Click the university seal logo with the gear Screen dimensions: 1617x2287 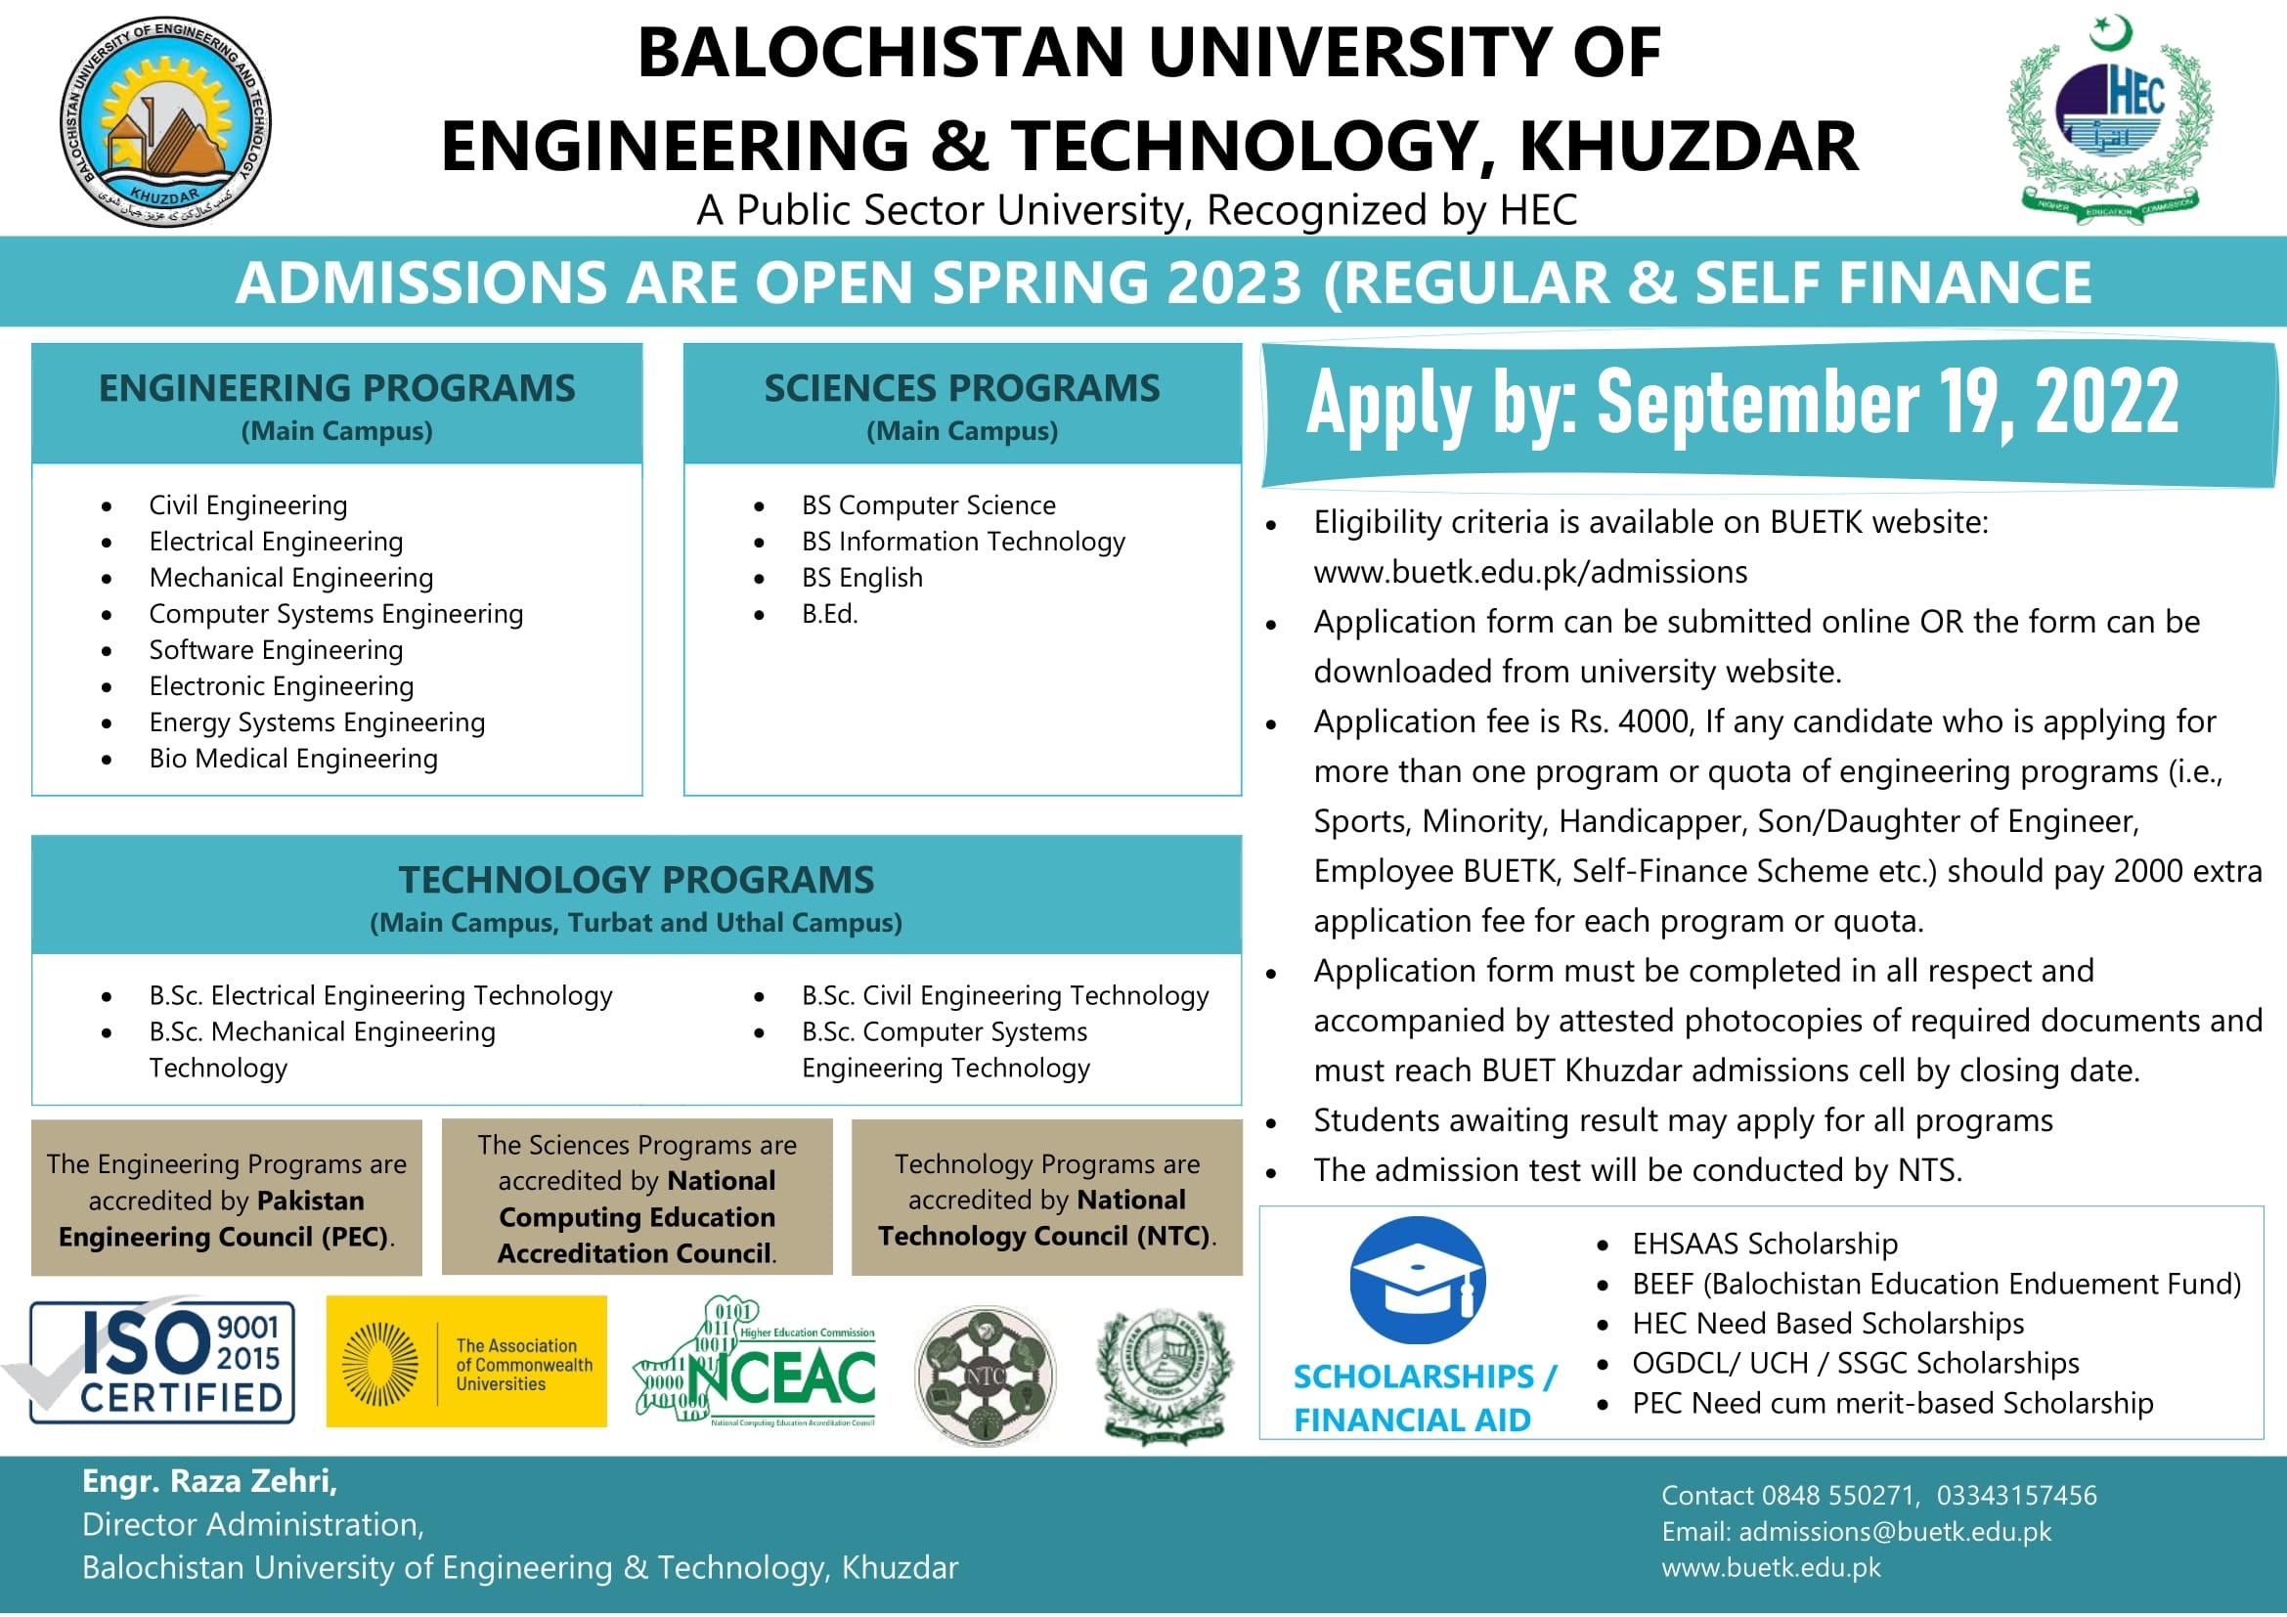(165, 121)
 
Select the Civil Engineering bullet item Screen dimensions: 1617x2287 (248, 505)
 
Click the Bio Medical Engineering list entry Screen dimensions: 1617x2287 (293, 759)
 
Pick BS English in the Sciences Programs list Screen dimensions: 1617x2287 (861, 579)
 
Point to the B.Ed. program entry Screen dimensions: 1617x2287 (829, 614)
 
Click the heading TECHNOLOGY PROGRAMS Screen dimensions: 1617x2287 (636, 880)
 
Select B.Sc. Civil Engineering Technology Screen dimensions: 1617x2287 (1004, 995)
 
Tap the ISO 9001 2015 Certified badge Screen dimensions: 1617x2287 (162, 1360)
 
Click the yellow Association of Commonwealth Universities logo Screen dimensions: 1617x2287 (466, 1361)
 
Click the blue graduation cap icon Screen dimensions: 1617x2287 (1417, 1281)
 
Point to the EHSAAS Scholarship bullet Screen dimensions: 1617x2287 (1764, 1244)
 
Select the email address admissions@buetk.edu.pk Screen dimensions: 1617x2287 (1895, 1531)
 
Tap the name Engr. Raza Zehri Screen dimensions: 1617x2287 (209, 1481)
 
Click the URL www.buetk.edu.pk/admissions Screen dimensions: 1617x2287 (1530, 573)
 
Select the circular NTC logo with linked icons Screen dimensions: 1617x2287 (986, 1376)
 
